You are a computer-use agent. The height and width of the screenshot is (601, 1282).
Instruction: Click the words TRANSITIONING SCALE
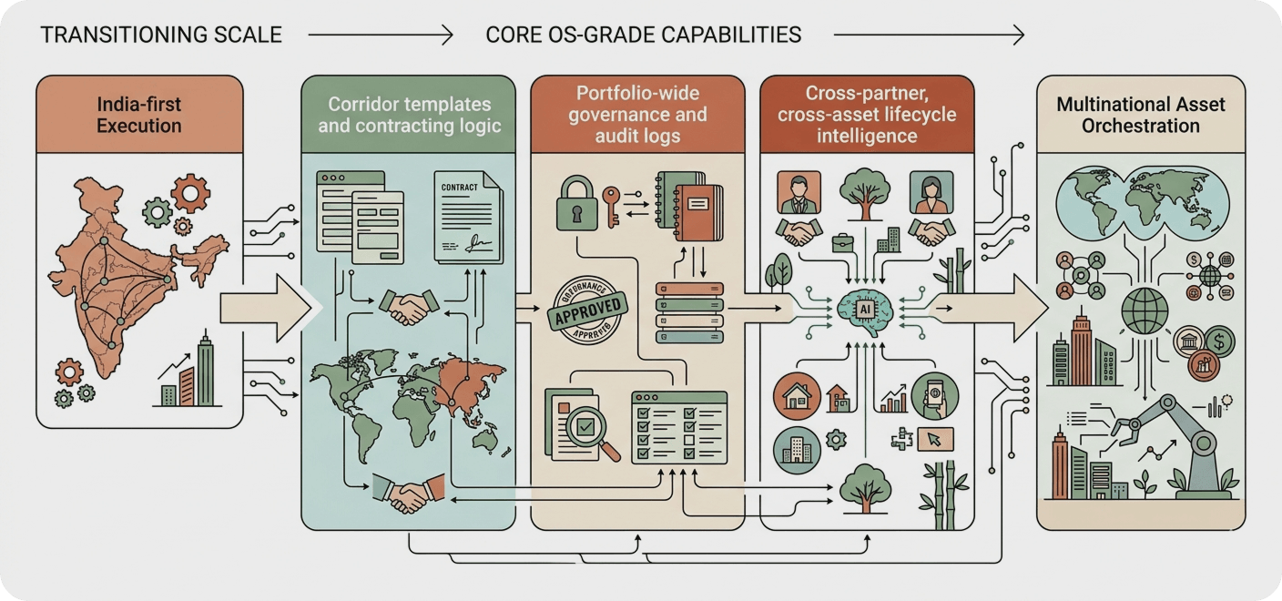coord(161,36)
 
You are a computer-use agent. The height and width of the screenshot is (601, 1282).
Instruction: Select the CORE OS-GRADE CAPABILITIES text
coord(643,36)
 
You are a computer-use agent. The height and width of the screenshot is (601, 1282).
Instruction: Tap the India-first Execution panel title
coord(139,115)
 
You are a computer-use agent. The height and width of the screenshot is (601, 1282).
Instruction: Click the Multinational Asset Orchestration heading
coord(1140,115)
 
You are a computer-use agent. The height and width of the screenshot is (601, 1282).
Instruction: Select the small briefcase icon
coord(841,243)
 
